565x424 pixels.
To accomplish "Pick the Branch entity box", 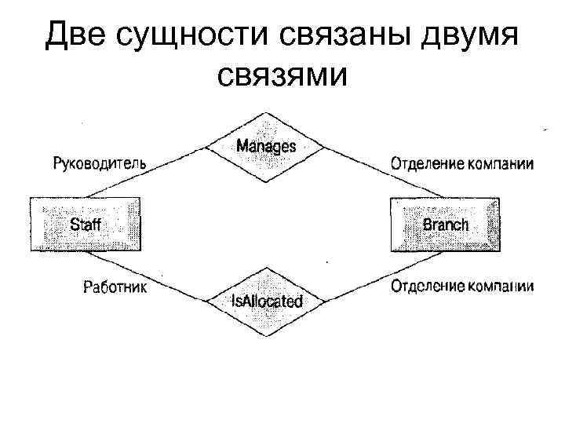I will pos(445,224).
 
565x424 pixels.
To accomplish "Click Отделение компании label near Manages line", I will pos(461,164).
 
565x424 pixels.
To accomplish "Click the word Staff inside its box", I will pos(86,225).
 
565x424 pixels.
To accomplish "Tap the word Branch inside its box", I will pos(445,225).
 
